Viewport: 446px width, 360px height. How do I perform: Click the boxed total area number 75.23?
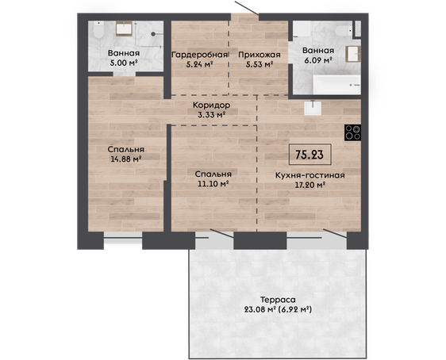(x=310, y=155)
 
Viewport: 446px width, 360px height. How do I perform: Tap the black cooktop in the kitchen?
(x=352, y=132)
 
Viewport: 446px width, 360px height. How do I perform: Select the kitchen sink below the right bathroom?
(x=313, y=108)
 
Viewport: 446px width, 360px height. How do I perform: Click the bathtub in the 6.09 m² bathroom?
(x=336, y=84)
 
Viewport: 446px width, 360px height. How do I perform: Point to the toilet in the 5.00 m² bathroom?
(x=98, y=30)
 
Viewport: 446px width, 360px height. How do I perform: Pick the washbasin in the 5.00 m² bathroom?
(x=124, y=29)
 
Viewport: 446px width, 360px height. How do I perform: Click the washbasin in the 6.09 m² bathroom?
(x=352, y=54)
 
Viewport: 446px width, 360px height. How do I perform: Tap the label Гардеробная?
(x=200, y=55)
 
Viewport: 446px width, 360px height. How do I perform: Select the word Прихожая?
(x=260, y=55)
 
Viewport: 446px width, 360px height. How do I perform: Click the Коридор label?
(x=211, y=105)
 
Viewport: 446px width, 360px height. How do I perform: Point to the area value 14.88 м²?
(x=126, y=159)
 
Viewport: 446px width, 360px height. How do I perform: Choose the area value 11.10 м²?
(x=213, y=183)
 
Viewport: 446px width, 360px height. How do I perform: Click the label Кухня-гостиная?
(x=310, y=175)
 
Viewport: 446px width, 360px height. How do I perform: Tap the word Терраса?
(x=278, y=300)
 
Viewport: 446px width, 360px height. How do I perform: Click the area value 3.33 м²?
(x=212, y=115)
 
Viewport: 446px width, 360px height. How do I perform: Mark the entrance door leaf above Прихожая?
(x=247, y=8)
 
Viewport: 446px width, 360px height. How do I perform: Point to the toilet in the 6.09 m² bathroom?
(x=344, y=30)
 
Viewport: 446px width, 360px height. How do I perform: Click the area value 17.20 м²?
(x=310, y=185)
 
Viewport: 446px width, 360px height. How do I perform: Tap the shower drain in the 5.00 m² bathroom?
(x=153, y=34)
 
